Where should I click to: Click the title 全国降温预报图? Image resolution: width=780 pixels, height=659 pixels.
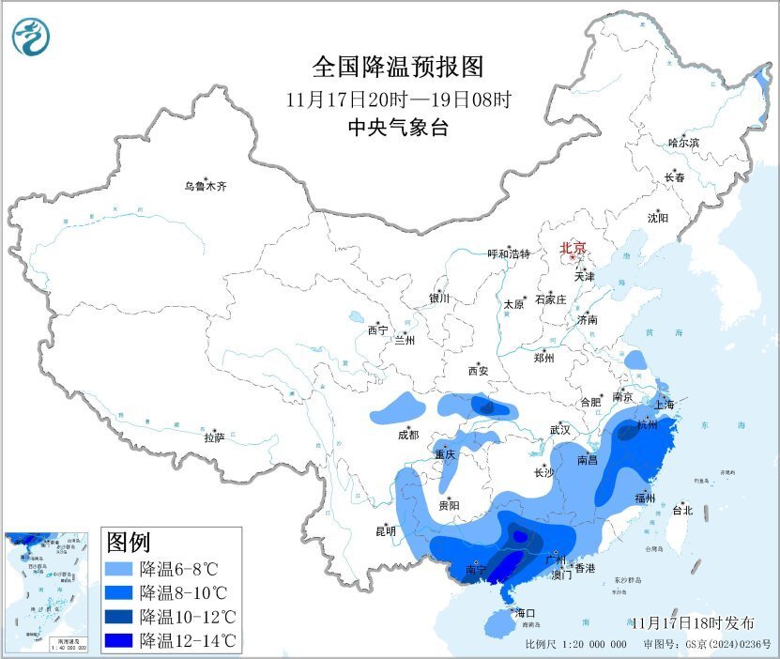[x=397, y=68]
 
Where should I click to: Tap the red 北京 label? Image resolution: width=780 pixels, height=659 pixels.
[x=573, y=249]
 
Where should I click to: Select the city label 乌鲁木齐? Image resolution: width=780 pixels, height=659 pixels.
[x=205, y=187]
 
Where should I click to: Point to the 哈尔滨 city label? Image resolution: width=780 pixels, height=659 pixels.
[x=683, y=143]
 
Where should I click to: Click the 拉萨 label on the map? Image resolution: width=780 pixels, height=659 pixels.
[x=214, y=437]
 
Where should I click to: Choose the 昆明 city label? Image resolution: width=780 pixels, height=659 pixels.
[x=386, y=531]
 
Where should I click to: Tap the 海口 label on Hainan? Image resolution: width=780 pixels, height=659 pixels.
[x=525, y=613]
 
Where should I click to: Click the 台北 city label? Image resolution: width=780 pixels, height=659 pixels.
[x=681, y=511]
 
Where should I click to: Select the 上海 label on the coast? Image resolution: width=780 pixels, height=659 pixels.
[x=665, y=405]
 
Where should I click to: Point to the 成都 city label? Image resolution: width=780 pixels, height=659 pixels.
[x=408, y=435]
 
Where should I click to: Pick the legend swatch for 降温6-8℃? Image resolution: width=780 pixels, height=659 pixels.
[x=119, y=569]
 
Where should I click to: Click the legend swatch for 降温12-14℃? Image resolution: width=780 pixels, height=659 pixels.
[x=119, y=641]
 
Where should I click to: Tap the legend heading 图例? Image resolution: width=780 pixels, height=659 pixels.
[x=129, y=542]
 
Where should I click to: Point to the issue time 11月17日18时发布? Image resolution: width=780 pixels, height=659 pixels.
[x=692, y=623]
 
